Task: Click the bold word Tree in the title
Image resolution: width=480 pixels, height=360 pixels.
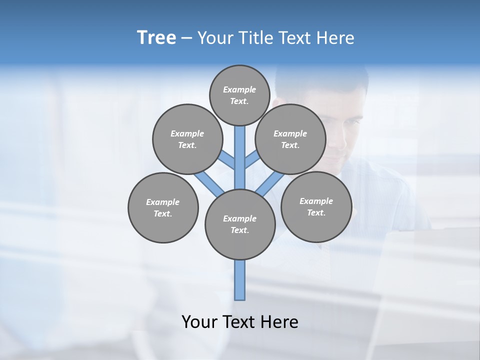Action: click(x=156, y=37)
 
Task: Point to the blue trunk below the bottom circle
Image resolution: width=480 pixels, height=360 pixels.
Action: click(x=240, y=280)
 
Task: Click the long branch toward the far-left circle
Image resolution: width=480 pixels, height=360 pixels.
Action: click(x=207, y=182)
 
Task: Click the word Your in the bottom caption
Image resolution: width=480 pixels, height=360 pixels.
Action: click(x=199, y=321)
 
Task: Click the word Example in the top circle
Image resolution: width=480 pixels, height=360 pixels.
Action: click(x=239, y=89)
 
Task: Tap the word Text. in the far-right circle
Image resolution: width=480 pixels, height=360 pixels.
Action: click(x=316, y=212)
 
